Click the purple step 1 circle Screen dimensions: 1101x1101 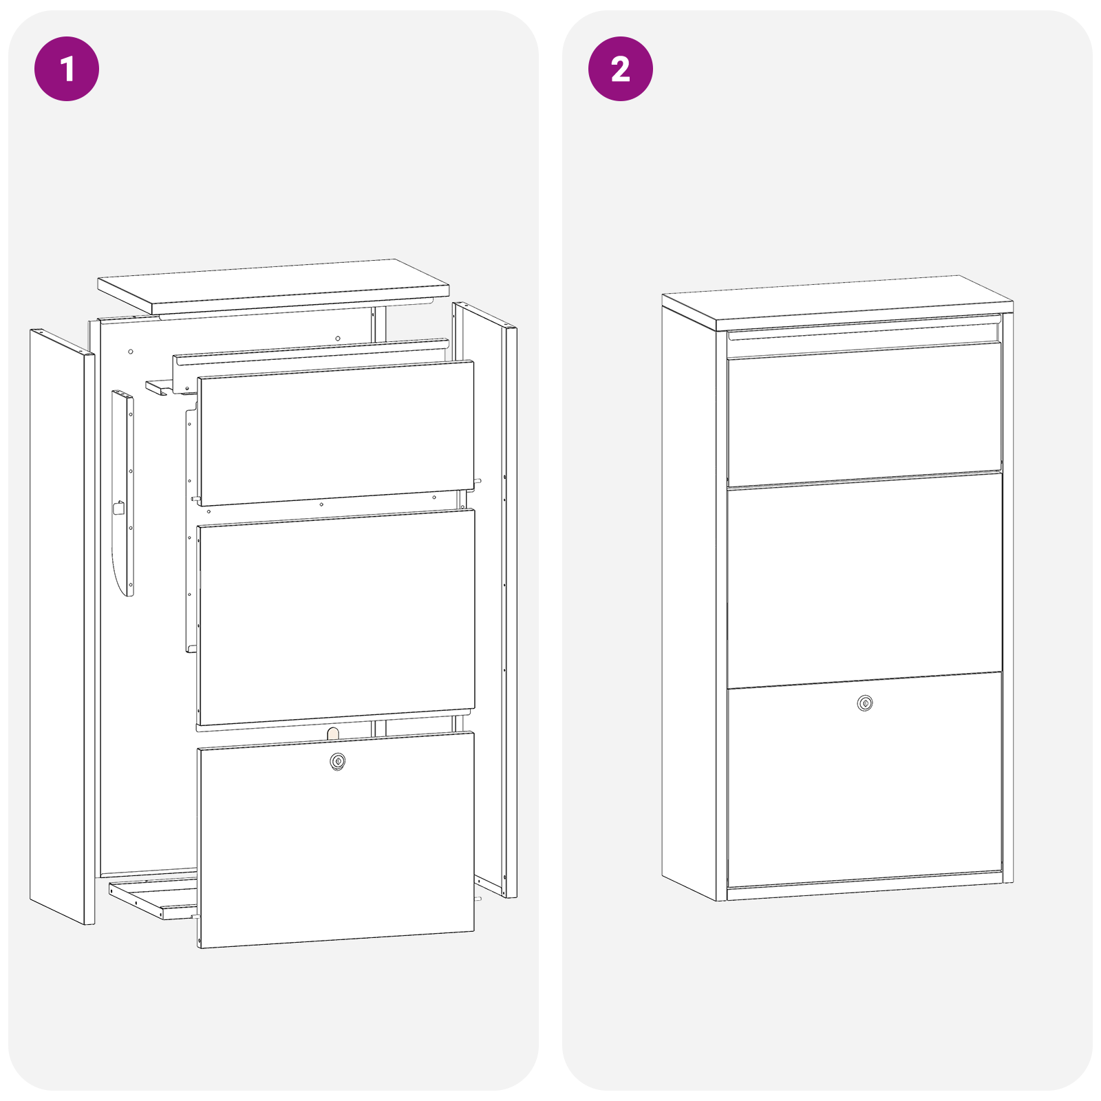pyautogui.click(x=67, y=69)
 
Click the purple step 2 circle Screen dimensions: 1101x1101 pyautogui.click(x=620, y=69)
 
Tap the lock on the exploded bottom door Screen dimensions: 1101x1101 pyautogui.click(x=337, y=761)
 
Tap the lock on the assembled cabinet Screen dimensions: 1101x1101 pyautogui.click(x=865, y=703)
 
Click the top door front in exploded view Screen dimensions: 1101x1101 pyautogui.click(x=336, y=434)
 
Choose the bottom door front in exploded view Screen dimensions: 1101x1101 pyautogui.click(x=336, y=846)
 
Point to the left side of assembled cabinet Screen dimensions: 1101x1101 pyautogui.click(x=688, y=599)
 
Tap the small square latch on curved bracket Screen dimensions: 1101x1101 pyautogui.click(x=118, y=509)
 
